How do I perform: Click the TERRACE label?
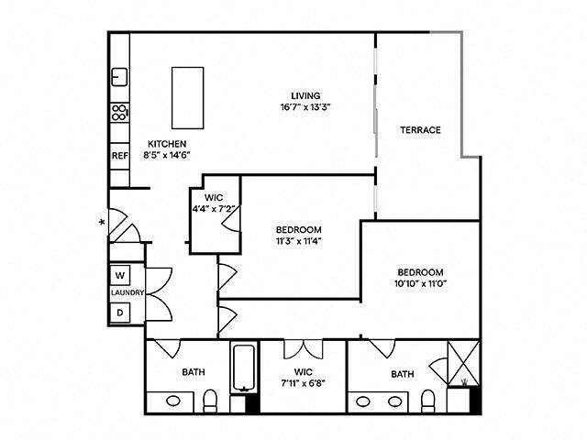[420, 130]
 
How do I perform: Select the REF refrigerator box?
[119, 156]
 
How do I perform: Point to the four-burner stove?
[119, 113]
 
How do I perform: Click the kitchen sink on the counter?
[119, 76]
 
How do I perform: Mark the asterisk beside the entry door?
[102, 222]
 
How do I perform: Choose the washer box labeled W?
[120, 275]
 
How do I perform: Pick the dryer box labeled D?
[120, 312]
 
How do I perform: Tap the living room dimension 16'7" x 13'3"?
[305, 107]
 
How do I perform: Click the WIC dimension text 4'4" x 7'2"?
[215, 208]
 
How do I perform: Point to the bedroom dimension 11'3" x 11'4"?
[298, 241]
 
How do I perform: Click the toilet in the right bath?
[426, 401]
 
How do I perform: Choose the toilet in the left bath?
[210, 401]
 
